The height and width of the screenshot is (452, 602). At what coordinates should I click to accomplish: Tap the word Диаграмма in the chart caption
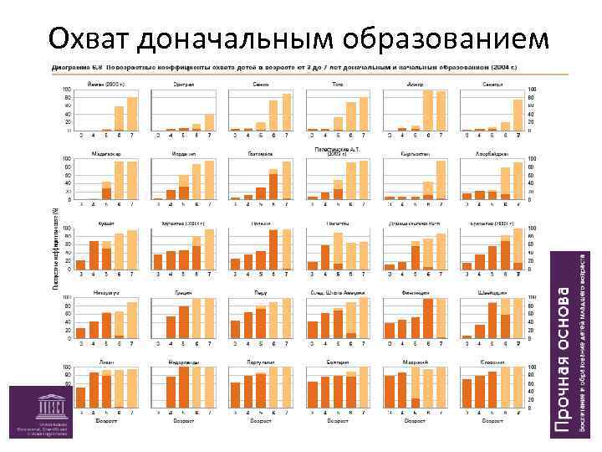71,64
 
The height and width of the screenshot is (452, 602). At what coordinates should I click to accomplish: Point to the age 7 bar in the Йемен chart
132,114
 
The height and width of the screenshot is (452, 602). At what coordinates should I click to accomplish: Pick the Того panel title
337,84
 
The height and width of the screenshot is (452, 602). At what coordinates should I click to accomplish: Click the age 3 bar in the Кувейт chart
81,265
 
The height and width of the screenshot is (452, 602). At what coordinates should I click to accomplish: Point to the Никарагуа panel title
105,293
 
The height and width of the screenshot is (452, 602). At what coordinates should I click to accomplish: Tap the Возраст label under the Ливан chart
105,421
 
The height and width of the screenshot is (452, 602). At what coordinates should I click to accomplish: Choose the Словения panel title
492,362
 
